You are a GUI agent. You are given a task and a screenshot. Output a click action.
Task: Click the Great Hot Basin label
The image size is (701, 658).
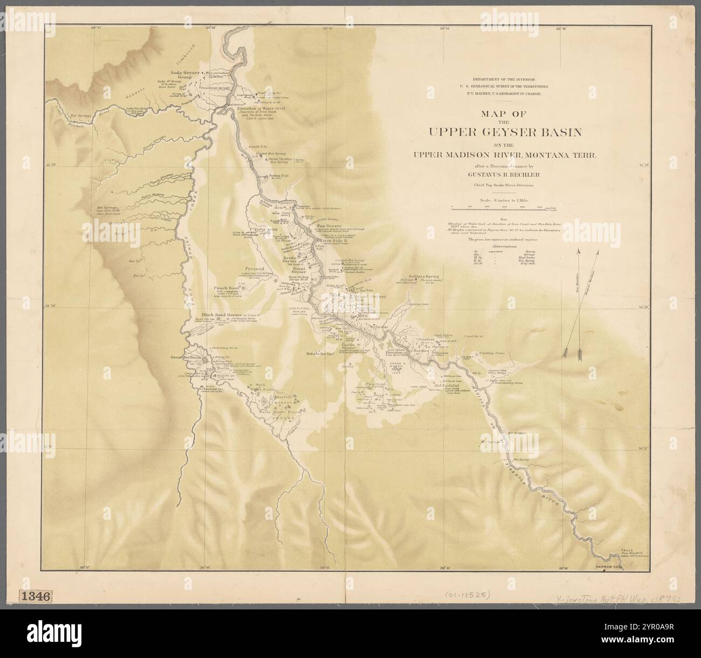[x=190, y=357]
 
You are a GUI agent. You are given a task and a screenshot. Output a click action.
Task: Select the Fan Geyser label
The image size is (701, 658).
[x=327, y=226]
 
